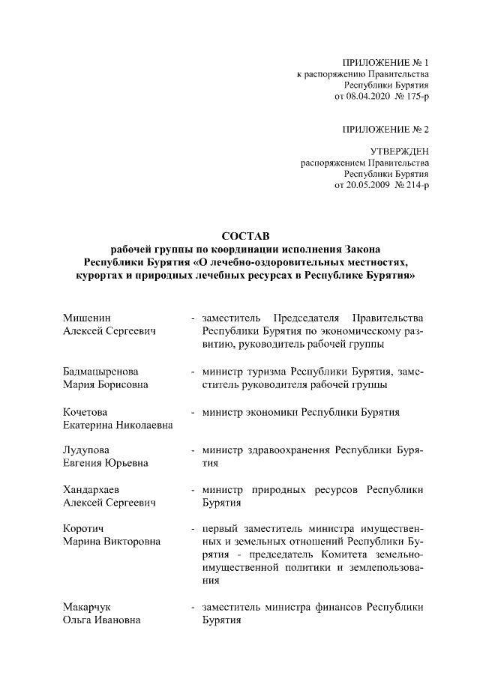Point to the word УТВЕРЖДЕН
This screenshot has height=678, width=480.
[x=399, y=151]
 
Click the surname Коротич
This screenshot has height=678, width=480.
[x=84, y=529]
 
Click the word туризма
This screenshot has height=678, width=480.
[x=265, y=372]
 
